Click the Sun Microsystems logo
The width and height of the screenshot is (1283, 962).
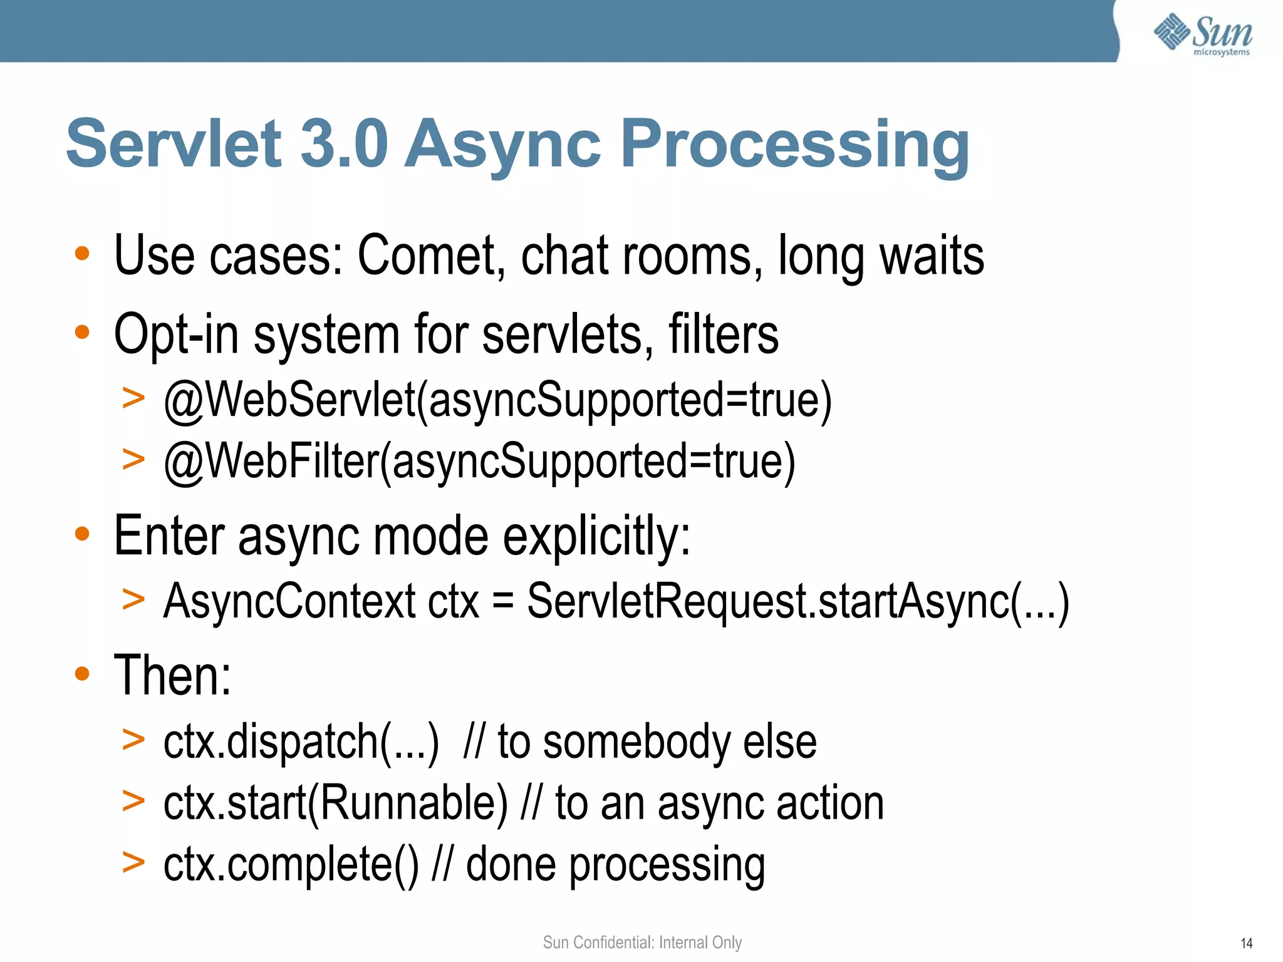point(1202,34)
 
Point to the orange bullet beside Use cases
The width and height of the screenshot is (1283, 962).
point(82,254)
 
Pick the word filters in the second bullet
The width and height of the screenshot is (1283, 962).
point(723,334)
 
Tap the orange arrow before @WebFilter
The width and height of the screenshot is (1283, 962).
point(133,459)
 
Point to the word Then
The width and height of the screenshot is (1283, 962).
point(172,675)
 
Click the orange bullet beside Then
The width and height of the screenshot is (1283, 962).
point(82,674)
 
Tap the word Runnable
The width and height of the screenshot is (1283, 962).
point(414,804)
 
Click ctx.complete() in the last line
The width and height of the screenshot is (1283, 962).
point(291,865)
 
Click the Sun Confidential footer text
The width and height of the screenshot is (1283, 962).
point(642,943)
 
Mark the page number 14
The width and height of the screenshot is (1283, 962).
point(1246,943)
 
